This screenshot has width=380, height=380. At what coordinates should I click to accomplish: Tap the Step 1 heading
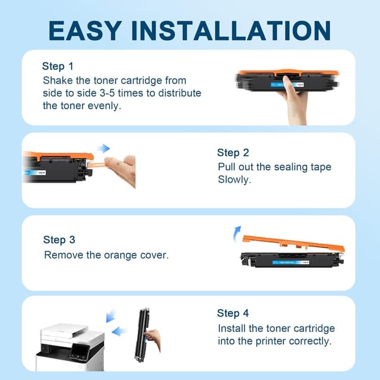pyautogui.click(x=58, y=66)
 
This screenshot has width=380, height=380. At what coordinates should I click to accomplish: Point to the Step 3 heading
pyautogui.click(x=59, y=240)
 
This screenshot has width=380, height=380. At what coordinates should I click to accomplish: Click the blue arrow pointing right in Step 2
pyautogui.click(x=104, y=148)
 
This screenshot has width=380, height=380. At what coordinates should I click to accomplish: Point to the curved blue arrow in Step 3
pyautogui.click(x=238, y=232)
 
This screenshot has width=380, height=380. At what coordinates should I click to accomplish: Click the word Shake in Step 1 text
pyautogui.click(x=57, y=80)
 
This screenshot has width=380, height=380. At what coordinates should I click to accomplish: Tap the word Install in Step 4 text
pyautogui.click(x=233, y=328)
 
